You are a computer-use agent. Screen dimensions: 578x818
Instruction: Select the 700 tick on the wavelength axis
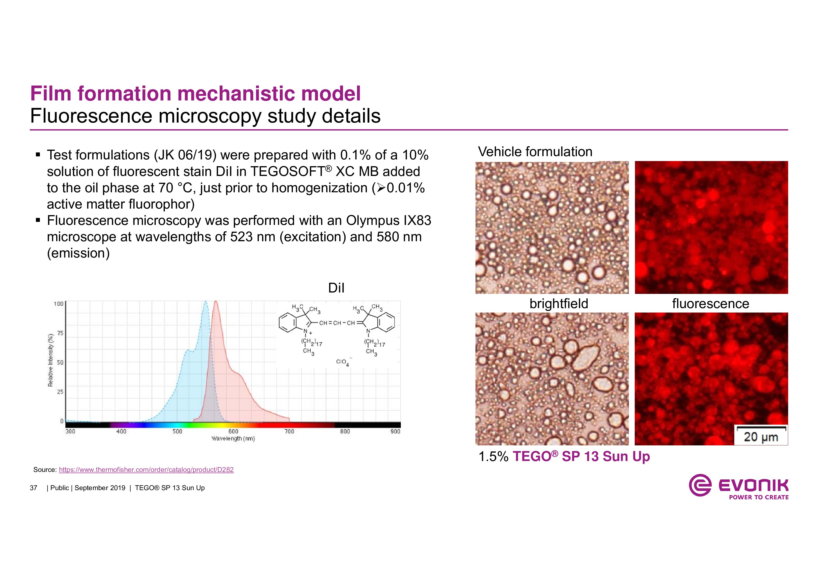click(289, 432)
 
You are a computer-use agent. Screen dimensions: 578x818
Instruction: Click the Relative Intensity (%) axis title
click(51, 360)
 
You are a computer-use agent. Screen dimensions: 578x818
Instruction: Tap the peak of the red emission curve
click(215, 302)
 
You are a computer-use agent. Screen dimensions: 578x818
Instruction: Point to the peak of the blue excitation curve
click(205, 302)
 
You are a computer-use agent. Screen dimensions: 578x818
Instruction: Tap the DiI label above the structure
click(336, 288)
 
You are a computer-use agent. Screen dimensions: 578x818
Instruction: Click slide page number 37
click(34, 488)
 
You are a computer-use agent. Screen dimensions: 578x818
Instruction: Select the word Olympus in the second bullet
click(373, 220)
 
